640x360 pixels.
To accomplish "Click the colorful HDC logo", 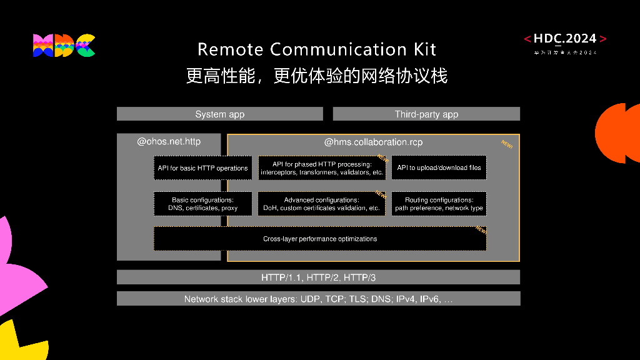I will (64, 46).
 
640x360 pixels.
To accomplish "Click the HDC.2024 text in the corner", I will (565, 39).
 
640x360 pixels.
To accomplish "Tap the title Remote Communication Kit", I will (317, 49).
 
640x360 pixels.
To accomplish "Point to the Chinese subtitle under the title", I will (317, 76).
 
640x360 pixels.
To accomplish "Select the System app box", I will (219, 114).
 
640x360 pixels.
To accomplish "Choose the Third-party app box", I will (426, 114).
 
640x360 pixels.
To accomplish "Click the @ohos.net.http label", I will (169, 142).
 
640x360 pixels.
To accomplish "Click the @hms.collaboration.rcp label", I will (373, 142).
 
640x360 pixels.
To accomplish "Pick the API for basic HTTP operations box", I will (202, 168).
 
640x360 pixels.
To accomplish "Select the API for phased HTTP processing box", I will (322, 168).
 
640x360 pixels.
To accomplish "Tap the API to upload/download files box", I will (439, 168).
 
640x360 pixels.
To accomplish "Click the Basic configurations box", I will (202, 204).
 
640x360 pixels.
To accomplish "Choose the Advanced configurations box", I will (322, 204).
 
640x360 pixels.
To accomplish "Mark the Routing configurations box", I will (439, 204).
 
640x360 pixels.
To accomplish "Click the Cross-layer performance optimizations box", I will (320, 239).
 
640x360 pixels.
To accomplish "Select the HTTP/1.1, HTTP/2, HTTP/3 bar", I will (318, 277).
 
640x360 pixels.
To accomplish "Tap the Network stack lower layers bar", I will (318, 299).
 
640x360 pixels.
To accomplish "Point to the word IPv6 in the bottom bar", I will (429, 299).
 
